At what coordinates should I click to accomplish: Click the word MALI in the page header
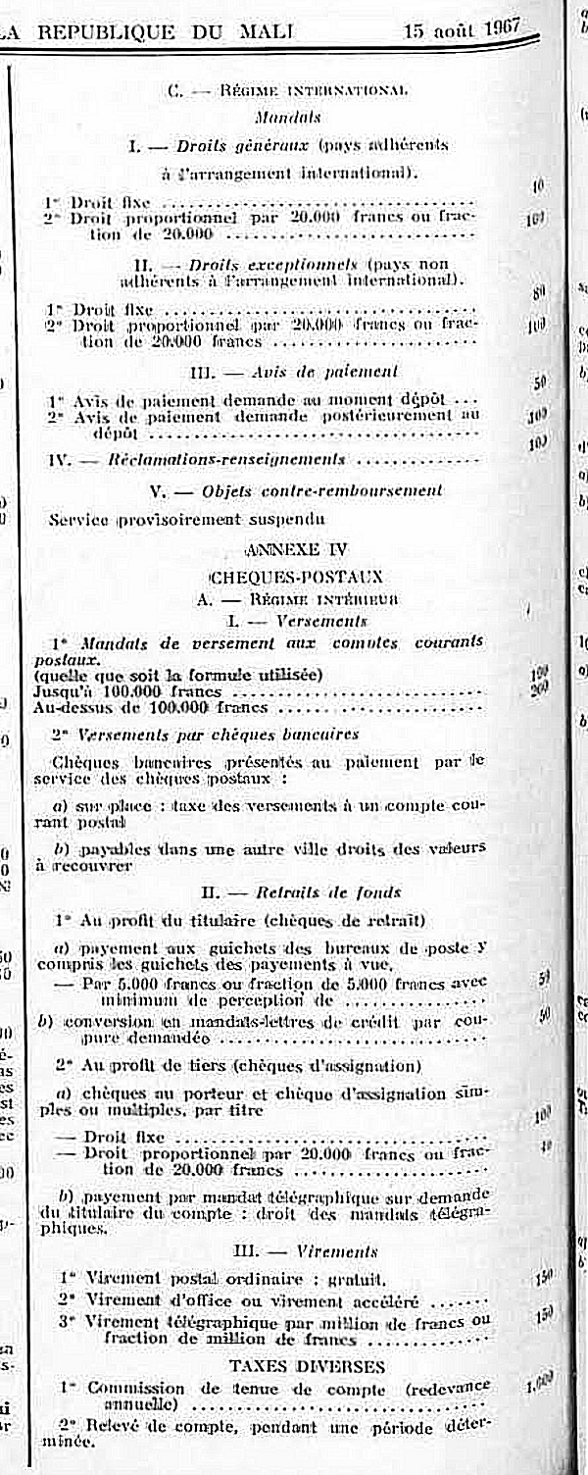coord(266,31)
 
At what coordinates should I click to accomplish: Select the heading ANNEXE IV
coord(287,549)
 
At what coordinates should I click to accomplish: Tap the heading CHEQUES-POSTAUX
coord(296,578)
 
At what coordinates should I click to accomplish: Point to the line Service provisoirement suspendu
coord(186,519)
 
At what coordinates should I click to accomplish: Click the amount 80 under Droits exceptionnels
coord(538,292)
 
